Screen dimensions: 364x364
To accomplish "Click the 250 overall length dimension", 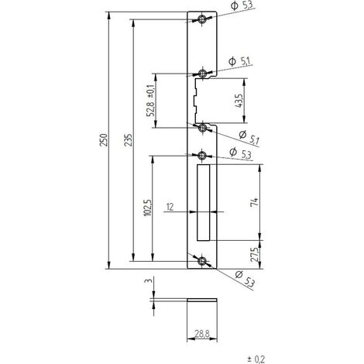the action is point(104,140).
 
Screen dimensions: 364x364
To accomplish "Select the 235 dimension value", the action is point(129,140).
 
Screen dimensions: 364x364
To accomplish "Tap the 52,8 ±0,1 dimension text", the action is point(150,101).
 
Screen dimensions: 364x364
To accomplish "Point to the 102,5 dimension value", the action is point(148,208).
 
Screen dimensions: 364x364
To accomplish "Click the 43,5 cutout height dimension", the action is point(239,101).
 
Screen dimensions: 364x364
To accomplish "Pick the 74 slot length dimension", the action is point(254,202).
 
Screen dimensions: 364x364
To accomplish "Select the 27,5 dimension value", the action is point(254,255).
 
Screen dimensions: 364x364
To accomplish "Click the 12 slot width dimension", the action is point(170,207).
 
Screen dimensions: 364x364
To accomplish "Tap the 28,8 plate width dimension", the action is point(202,335).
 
